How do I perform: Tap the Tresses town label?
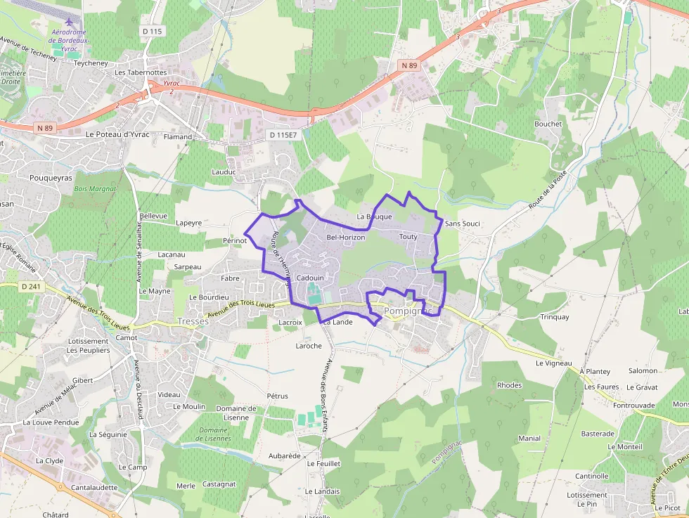point(194,320)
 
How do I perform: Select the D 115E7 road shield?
point(284,134)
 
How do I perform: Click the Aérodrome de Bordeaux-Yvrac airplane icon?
point(67,20)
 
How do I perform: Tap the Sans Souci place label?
point(463,224)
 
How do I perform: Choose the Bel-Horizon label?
point(346,238)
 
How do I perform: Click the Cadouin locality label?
point(310,278)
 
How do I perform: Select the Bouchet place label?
point(548,124)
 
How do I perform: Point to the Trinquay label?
point(555,317)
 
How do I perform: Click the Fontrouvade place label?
point(633,406)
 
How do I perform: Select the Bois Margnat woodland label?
point(94,189)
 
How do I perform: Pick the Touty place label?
point(408,236)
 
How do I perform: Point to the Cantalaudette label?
point(94,487)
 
